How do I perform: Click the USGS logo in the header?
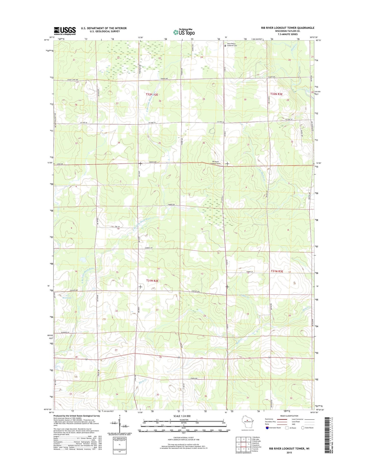point(65,31)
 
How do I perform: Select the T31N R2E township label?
point(152,281)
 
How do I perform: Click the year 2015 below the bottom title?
point(289,452)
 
